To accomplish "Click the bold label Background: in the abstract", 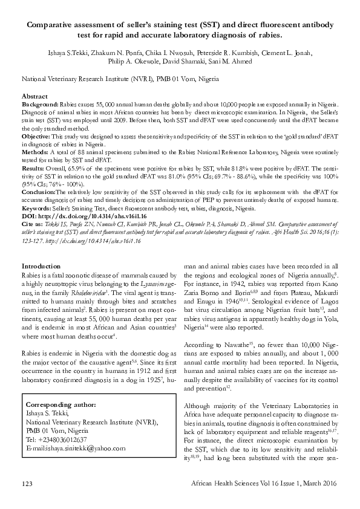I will pyautogui.click(x=42, y=105).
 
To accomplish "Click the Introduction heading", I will pyautogui.click(x=41, y=267).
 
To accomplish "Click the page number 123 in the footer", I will pyautogui.click(x=27, y=485).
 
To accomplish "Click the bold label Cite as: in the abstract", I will pyautogui.click(x=34, y=222).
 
